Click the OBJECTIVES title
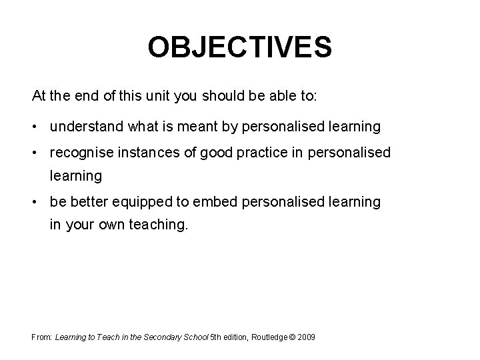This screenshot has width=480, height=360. [239, 47]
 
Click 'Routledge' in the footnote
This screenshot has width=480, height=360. [265, 338]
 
